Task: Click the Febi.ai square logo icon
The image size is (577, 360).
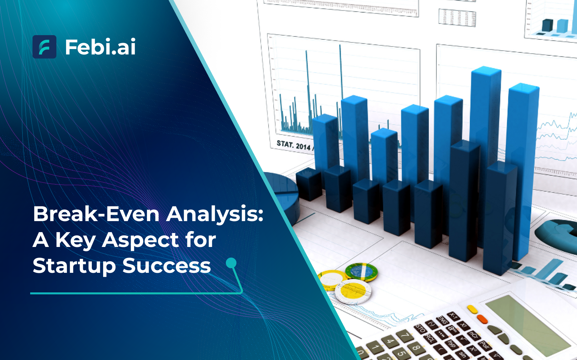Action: tap(44, 47)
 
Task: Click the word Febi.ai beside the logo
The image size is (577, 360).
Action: tap(100, 47)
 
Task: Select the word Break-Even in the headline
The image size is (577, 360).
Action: tap(96, 214)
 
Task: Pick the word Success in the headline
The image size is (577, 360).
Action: tap(166, 266)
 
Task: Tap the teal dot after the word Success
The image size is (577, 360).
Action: tap(231, 263)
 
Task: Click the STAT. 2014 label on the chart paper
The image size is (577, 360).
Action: tap(294, 145)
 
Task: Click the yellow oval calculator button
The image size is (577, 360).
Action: tap(472, 309)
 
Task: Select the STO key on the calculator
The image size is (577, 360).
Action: tap(420, 329)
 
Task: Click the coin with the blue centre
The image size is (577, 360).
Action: tap(361, 271)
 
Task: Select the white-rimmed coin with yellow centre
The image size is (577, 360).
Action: tap(353, 291)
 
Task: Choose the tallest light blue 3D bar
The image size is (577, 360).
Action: tap(485, 133)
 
